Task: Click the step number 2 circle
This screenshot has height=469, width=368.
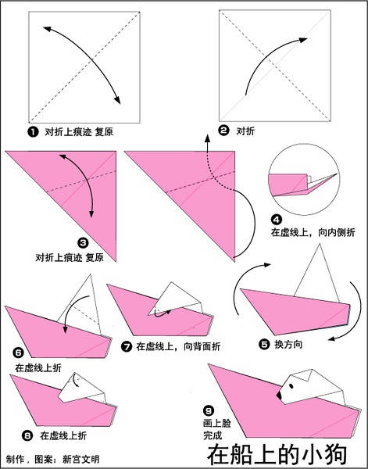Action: tap(223, 131)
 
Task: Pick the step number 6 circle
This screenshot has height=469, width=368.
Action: tap(20, 353)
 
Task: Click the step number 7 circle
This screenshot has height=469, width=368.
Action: tap(128, 345)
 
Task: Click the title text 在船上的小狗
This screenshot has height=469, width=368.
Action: tap(286, 454)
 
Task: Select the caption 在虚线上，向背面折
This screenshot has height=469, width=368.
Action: tap(178, 345)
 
